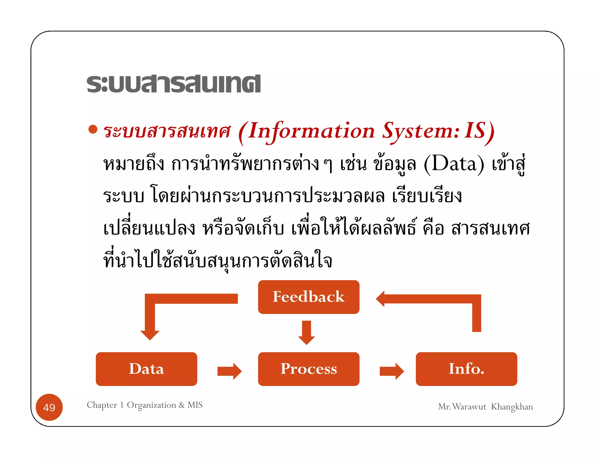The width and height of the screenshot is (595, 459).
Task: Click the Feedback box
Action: click(x=309, y=297)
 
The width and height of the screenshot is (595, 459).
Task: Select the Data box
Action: click(x=146, y=369)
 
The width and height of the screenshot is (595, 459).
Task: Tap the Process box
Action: click(x=309, y=369)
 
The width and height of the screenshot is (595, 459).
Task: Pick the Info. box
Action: click(x=466, y=369)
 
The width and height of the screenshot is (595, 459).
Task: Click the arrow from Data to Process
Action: click(x=229, y=371)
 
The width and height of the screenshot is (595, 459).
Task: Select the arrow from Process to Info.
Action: click(x=392, y=371)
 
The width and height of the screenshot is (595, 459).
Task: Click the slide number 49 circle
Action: click(x=49, y=407)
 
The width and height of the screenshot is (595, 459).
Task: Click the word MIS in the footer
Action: click(x=195, y=405)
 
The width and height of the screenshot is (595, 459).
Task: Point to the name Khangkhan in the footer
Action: click(x=512, y=407)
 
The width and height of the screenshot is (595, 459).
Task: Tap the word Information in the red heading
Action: click(x=311, y=131)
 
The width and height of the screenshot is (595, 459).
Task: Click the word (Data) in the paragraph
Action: click(x=454, y=164)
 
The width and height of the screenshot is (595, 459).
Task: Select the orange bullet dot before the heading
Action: click(x=93, y=129)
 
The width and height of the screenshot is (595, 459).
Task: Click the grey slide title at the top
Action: click(x=173, y=84)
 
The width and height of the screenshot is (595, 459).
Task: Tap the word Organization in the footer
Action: click(x=151, y=405)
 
